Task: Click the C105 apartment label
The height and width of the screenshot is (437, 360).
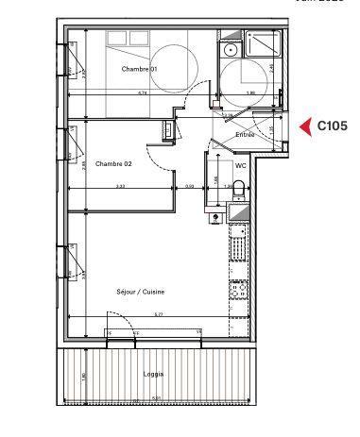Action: pos(332,126)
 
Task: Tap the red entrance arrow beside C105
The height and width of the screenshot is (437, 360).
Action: pos(305,126)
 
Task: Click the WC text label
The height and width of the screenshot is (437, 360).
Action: pos(241,164)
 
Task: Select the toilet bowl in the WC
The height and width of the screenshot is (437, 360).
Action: pos(238,187)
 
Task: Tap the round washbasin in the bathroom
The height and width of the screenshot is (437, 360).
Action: pos(230,49)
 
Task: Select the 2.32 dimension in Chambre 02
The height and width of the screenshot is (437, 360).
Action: pos(122,186)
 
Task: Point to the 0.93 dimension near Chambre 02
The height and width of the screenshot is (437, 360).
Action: pos(190,186)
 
